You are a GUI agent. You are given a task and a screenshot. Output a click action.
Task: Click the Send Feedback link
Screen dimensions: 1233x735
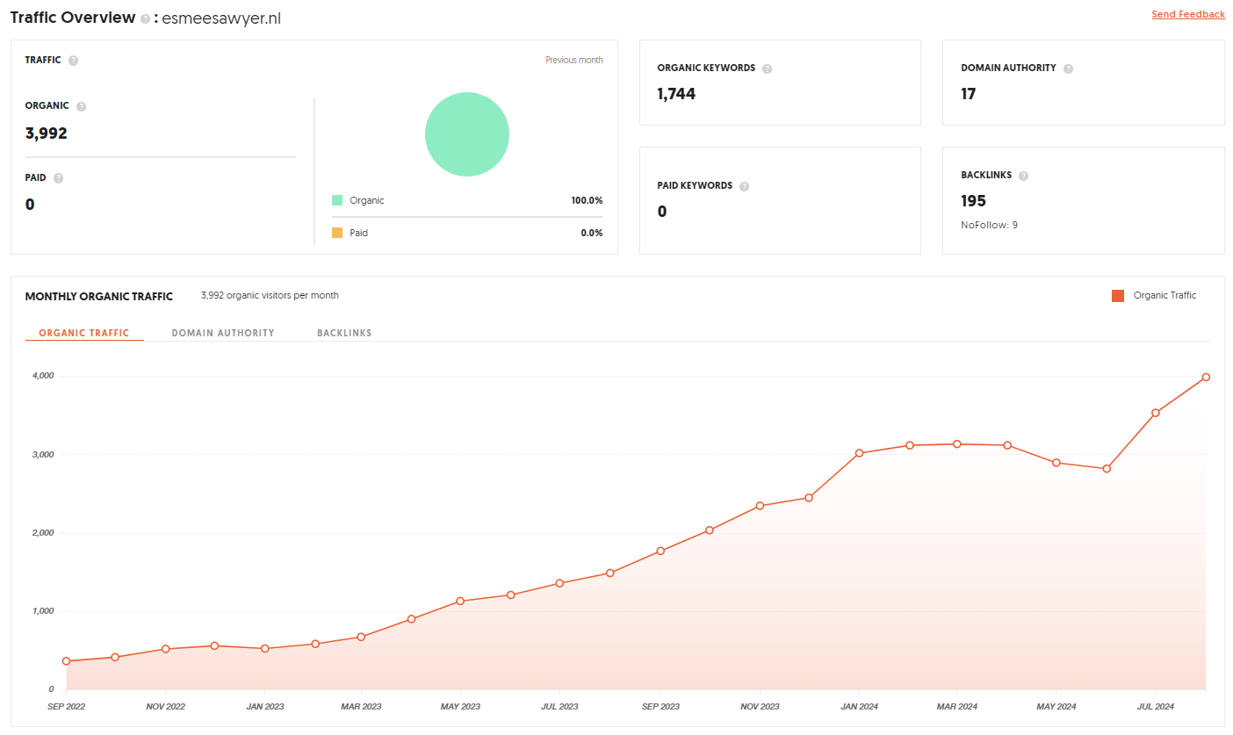pyautogui.click(x=1188, y=14)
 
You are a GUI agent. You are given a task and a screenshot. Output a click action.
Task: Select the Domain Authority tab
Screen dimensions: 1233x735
pyautogui.click(x=223, y=333)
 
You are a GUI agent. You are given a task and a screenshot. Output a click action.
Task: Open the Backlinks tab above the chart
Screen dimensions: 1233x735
pyautogui.click(x=344, y=333)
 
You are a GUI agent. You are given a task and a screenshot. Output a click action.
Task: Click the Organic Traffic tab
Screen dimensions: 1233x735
pyautogui.click(x=83, y=333)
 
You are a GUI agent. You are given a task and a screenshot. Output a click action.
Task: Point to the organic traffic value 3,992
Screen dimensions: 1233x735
pyautogui.click(x=47, y=133)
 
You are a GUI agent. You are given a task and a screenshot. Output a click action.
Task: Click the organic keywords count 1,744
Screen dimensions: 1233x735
pyautogui.click(x=676, y=94)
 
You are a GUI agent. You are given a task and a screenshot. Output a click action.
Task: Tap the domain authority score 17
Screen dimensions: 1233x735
pyautogui.click(x=969, y=94)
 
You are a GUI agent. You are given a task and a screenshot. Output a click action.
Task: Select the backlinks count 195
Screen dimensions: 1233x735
pyautogui.click(x=973, y=201)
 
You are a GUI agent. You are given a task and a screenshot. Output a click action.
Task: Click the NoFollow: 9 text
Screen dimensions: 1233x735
pyautogui.click(x=989, y=225)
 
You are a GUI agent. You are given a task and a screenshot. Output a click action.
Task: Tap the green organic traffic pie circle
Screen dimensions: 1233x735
pyautogui.click(x=467, y=134)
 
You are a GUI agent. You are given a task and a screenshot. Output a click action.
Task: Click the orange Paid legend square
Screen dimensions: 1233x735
pyautogui.click(x=337, y=233)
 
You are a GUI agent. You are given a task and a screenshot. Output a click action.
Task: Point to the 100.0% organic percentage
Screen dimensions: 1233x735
pyautogui.click(x=587, y=200)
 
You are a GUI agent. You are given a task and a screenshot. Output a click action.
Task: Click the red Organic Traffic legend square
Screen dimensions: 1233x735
pyautogui.click(x=1117, y=296)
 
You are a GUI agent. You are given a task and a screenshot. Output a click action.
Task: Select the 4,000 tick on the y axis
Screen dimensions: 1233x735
pyautogui.click(x=43, y=376)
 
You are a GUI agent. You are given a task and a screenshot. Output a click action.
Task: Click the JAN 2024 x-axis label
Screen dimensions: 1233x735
pyautogui.click(x=859, y=706)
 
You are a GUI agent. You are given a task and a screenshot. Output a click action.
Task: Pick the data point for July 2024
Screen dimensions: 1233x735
pyautogui.click(x=1156, y=413)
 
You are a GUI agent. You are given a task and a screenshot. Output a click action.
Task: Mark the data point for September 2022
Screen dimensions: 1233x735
pyautogui.click(x=66, y=661)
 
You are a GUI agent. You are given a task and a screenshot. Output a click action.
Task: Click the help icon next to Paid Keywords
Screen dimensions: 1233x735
pyautogui.click(x=744, y=186)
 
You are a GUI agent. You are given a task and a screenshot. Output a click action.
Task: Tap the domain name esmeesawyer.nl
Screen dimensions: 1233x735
pyautogui.click(x=221, y=18)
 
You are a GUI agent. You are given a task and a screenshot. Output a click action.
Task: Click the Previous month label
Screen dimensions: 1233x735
pyautogui.click(x=574, y=60)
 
